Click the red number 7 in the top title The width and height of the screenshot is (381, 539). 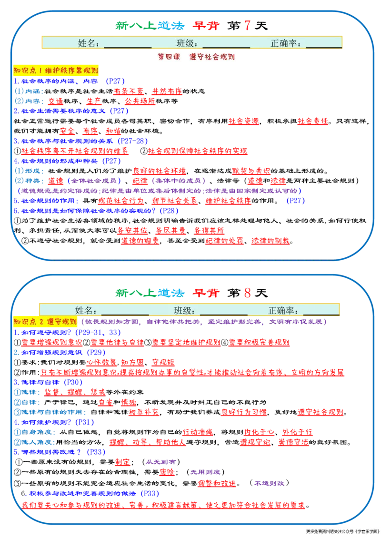point(247,25)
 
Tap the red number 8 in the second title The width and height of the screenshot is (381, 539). point(247,293)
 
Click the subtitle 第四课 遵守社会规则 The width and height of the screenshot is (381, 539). point(196,57)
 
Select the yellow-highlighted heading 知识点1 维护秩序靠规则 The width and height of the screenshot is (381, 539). point(56,71)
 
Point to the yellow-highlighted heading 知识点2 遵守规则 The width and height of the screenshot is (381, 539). point(45,321)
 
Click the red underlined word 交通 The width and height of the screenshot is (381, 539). point(55,101)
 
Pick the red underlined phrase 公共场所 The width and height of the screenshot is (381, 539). point(140,101)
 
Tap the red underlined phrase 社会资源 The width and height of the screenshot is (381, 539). point(243,121)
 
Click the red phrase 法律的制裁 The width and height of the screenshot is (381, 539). point(271,241)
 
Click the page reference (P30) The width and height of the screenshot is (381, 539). point(73,382)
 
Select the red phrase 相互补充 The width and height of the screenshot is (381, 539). point(144,412)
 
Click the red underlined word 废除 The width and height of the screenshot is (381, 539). point(167,472)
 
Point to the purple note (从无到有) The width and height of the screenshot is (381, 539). point(161,462)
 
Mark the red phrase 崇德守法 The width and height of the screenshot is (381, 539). point(293,442)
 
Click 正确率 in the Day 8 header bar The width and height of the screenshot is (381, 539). point(283,310)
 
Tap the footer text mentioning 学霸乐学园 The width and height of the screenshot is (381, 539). point(342,531)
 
